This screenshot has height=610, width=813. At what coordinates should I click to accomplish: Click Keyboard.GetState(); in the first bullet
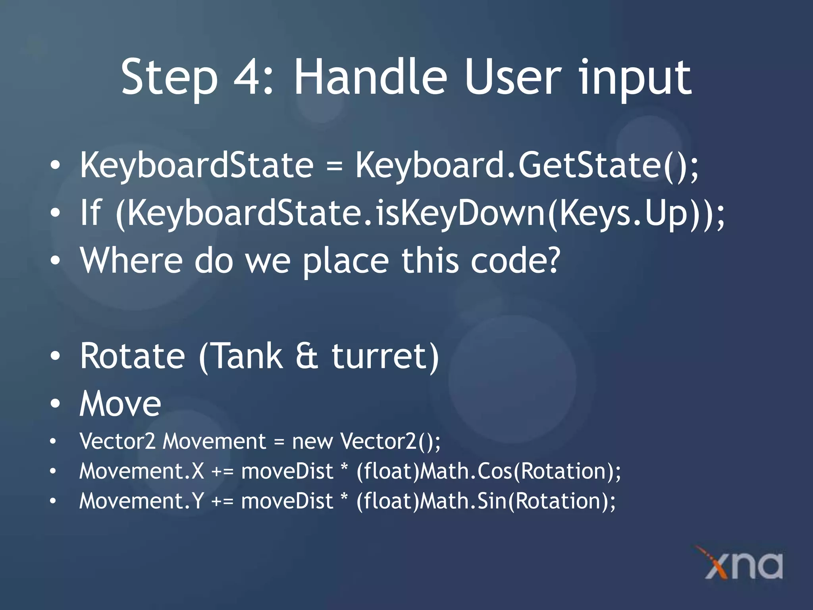(x=526, y=166)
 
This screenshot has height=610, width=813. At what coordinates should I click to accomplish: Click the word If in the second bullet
(x=91, y=213)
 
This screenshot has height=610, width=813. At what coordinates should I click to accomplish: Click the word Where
(x=131, y=261)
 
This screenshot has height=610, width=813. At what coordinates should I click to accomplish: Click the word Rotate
(x=133, y=356)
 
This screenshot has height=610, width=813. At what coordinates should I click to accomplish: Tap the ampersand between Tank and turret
(x=307, y=356)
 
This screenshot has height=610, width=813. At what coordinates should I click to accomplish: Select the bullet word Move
(x=120, y=404)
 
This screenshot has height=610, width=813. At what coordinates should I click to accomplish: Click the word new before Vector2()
(x=312, y=442)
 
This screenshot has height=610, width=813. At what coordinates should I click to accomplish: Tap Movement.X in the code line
(x=141, y=471)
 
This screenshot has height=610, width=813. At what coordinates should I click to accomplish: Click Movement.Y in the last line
(x=141, y=501)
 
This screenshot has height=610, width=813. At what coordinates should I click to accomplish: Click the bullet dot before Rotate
(x=55, y=356)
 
